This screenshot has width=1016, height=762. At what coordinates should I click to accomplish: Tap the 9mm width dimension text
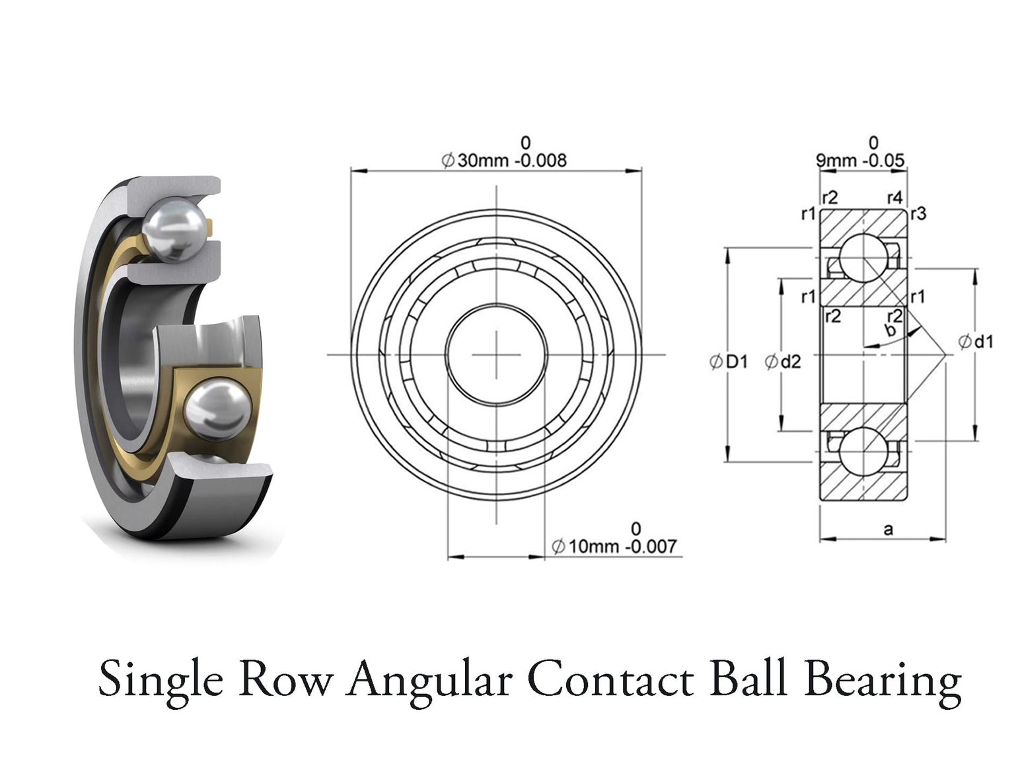pyautogui.click(x=836, y=161)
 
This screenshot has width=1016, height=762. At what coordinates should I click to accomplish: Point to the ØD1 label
pyautogui.click(x=729, y=362)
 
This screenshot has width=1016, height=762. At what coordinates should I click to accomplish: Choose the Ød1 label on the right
pyautogui.click(x=976, y=342)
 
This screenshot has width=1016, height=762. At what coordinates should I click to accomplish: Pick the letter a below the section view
pyautogui.click(x=889, y=529)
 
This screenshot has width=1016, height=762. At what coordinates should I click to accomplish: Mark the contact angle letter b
pyautogui.click(x=890, y=330)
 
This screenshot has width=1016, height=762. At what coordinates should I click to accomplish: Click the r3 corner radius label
pyautogui.click(x=918, y=213)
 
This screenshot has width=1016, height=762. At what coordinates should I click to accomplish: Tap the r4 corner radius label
pyautogui.click(x=894, y=197)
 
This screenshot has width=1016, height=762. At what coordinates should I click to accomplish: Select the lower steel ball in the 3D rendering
pyautogui.click(x=217, y=408)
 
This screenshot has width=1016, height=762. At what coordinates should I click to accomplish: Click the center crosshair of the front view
pyautogui.click(x=496, y=355)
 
